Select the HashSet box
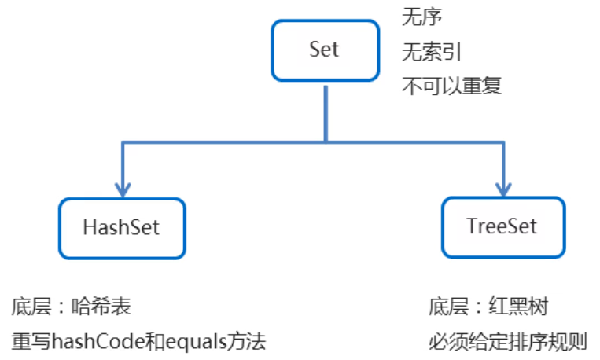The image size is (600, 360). (x=122, y=228)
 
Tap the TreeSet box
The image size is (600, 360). (x=502, y=228)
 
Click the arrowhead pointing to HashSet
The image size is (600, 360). (x=122, y=189)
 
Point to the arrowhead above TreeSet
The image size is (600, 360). (x=502, y=189)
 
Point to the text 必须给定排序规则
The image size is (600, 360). (x=507, y=343)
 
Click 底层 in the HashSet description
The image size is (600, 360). (x=30, y=306)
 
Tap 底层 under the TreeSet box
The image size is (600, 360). (x=448, y=306)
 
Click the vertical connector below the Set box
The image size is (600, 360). (x=325, y=110)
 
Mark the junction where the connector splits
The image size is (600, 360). (x=325, y=142)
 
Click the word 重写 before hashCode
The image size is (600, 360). (x=29, y=343)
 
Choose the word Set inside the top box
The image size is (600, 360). (x=324, y=50)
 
